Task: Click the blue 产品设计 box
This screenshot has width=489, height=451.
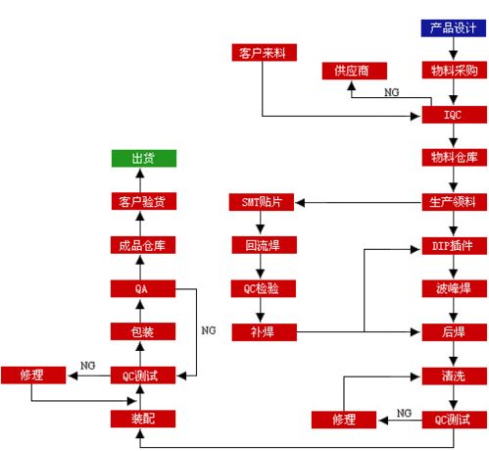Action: click(453, 27)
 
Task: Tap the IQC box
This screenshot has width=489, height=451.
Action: click(453, 115)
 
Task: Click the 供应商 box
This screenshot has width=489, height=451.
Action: click(354, 71)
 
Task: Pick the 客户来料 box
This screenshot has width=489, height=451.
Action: click(262, 50)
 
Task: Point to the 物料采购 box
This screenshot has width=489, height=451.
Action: click(453, 71)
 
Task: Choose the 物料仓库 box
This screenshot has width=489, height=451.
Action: click(453, 158)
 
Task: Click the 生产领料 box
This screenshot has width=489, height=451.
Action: click(453, 202)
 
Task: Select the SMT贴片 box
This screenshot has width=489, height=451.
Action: click(262, 202)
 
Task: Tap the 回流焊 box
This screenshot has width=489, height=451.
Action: click(262, 245)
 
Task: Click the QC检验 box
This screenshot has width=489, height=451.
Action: click(262, 288)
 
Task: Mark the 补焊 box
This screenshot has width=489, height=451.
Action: click(262, 331)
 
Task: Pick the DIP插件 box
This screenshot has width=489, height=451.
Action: click(453, 245)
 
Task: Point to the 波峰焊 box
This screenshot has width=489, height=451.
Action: click(453, 288)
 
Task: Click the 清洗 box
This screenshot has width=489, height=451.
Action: click(453, 376)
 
